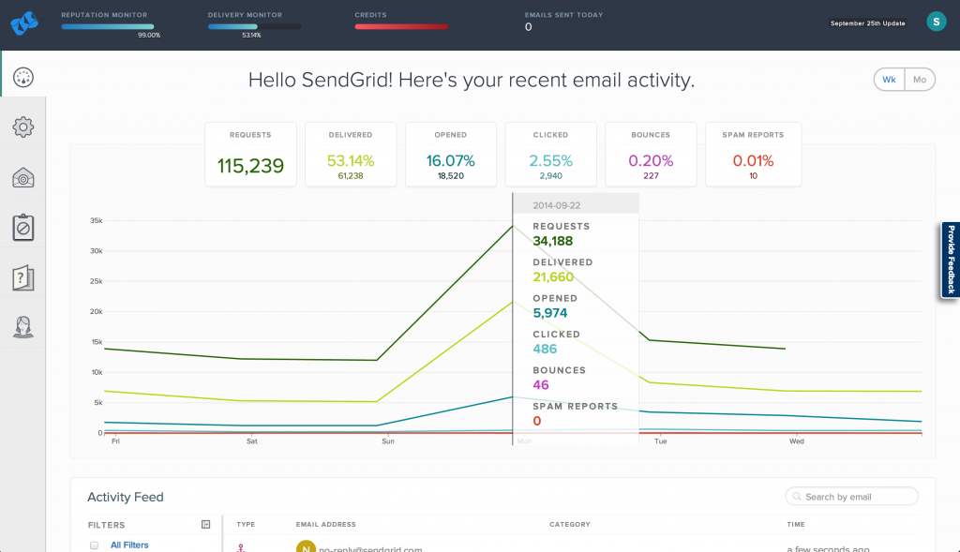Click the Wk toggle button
(889, 80)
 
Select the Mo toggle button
(919, 80)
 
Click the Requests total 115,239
(250, 166)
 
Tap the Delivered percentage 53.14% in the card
(351, 160)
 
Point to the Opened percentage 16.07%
(450, 160)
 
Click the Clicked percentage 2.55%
(550, 160)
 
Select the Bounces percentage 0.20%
(651, 160)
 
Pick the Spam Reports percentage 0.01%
(753, 160)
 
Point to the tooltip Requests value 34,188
(553, 241)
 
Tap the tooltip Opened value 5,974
(550, 313)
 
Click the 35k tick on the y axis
(96, 221)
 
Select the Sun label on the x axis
(387, 440)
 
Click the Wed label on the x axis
(796, 440)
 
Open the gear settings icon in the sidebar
(23, 127)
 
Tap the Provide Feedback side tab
(950, 261)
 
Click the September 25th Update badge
(867, 23)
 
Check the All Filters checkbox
(94, 545)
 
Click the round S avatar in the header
(936, 22)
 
